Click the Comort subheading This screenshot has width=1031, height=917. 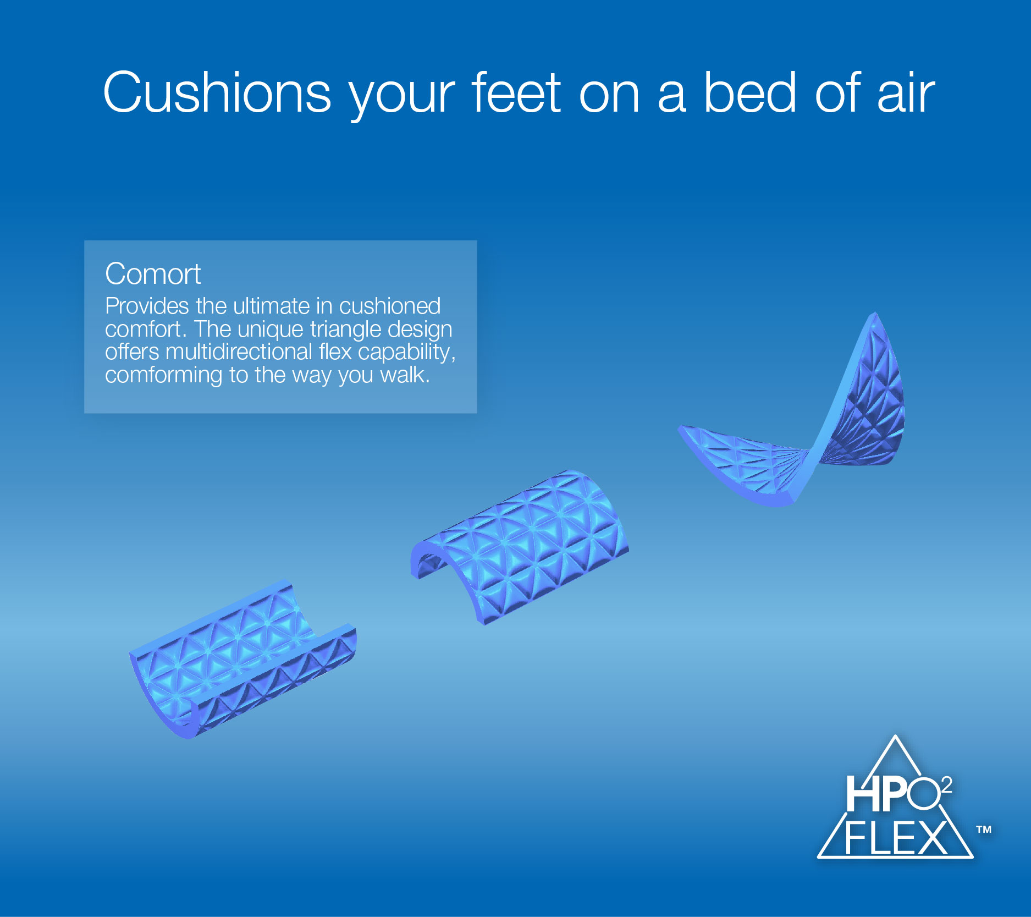153,273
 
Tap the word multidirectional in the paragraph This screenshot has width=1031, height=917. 239,352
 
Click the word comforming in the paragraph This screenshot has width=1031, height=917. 164,376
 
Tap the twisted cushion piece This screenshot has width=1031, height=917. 792,418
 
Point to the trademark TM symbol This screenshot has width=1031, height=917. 984,829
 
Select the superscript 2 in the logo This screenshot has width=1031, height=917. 946,785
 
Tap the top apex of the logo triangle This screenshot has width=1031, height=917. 895,735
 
